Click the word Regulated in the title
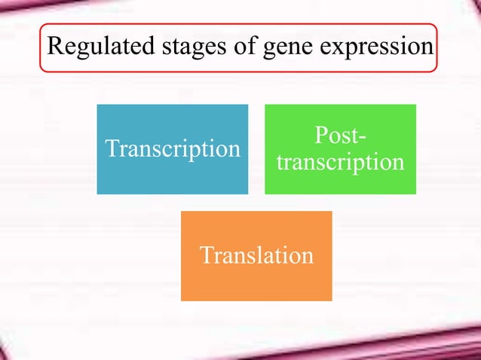(95, 47)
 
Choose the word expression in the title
(373, 48)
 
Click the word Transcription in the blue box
(173, 148)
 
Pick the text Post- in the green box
(341, 138)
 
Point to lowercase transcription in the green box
(340, 162)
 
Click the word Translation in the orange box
(256, 255)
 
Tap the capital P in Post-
(320, 137)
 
